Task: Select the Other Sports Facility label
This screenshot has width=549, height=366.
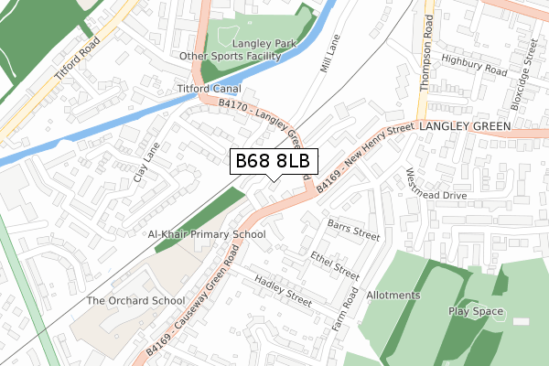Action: [231, 56]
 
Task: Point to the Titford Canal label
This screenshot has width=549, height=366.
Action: [210, 89]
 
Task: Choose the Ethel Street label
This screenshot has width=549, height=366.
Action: [335, 264]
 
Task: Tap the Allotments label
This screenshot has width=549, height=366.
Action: [393, 296]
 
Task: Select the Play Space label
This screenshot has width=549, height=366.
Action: [477, 311]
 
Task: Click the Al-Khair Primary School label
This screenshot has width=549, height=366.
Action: [207, 234]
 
